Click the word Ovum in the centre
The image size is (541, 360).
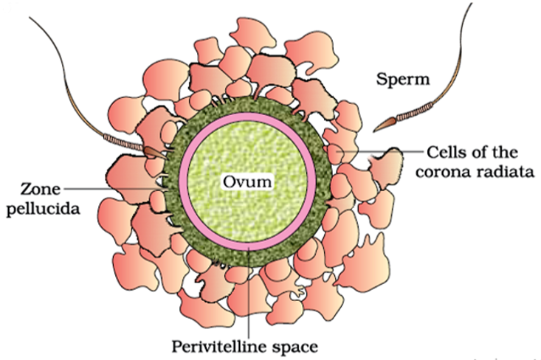point(247,179)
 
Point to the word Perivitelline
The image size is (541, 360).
point(219,345)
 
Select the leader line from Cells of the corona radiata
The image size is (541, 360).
point(384,153)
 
